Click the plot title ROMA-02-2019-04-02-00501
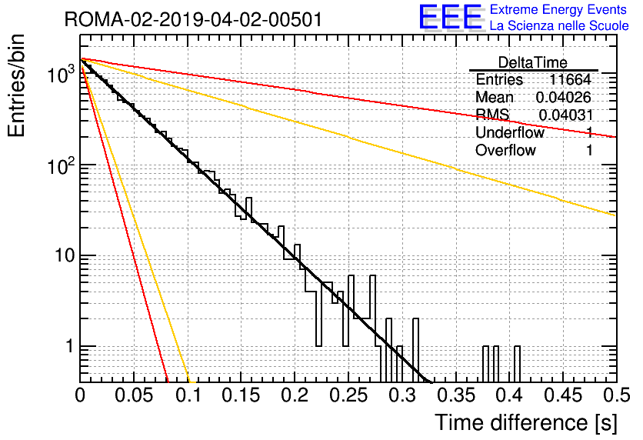click(x=193, y=19)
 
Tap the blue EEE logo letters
click(x=450, y=17)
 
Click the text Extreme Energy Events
click(x=558, y=9)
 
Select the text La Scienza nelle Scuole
click(x=559, y=25)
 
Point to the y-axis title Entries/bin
click(x=16, y=85)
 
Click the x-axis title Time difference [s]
click(x=526, y=423)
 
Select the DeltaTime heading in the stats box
click(x=533, y=62)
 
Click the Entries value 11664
click(x=570, y=79)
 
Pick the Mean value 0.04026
click(x=564, y=97)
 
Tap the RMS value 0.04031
click(x=565, y=115)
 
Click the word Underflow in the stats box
click(x=510, y=132)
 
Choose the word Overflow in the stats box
click(x=505, y=150)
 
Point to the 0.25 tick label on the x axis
click(x=348, y=395)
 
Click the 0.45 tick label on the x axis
click(x=563, y=395)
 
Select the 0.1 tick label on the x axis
click(x=188, y=395)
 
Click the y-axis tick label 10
click(x=65, y=256)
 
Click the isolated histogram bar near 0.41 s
click(x=517, y=364)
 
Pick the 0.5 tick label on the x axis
click(x=617, y=395)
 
